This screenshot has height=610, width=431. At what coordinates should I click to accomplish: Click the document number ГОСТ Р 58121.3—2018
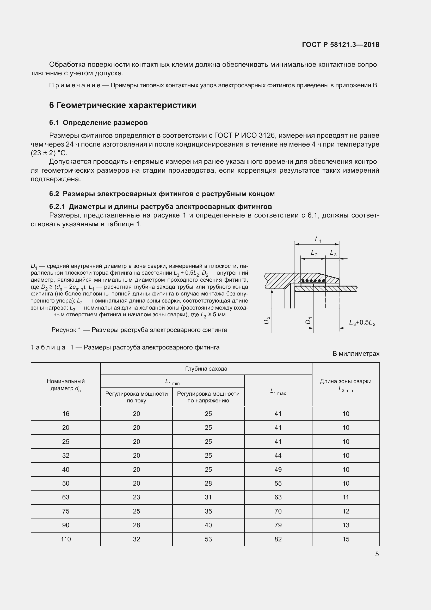point(341,45)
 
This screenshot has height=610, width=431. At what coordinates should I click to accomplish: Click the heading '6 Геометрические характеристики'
point(123,105)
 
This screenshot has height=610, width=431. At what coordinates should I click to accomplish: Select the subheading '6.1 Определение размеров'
point(98,123)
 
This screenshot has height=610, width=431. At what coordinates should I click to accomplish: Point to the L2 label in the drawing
point(314,253)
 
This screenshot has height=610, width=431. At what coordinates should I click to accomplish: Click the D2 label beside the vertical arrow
point(267,321)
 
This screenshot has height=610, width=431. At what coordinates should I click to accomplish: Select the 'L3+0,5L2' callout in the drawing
point(362,323)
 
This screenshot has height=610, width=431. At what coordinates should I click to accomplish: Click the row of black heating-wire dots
point(313,281)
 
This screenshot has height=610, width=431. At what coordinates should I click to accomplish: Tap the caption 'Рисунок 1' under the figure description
point(139,330)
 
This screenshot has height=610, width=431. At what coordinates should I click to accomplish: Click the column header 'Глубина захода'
point(206,369)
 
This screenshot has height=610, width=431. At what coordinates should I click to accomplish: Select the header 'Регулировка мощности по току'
point(136,397)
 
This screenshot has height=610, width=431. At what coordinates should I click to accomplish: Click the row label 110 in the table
point(66,539)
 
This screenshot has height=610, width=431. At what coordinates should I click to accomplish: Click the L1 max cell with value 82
point(278,539)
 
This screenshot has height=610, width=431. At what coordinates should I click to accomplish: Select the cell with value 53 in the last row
point(208,539)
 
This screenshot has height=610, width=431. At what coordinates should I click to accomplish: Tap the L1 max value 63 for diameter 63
point(278,497)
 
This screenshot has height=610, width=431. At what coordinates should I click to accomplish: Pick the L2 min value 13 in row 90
point(346,525)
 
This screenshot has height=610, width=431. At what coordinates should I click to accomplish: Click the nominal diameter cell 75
point(66,511)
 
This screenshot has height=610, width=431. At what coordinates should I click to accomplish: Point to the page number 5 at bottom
point(377,554)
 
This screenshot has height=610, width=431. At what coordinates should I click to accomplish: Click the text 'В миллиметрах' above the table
point(356,354)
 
